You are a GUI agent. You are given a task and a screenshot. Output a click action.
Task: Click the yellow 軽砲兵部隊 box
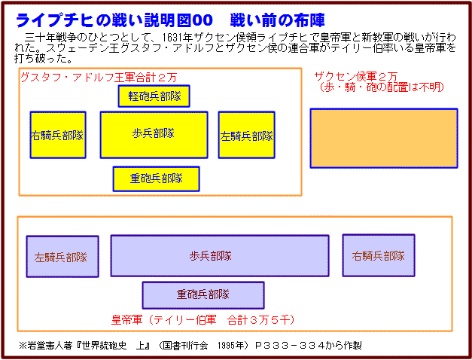154,96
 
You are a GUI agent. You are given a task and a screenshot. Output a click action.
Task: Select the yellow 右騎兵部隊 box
58,135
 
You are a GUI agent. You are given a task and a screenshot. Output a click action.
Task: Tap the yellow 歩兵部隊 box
154,135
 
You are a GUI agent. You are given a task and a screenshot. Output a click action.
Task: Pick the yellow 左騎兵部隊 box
246,135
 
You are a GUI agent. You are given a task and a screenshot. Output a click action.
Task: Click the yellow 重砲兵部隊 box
157,179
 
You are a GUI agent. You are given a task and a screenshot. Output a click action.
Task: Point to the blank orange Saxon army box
384,138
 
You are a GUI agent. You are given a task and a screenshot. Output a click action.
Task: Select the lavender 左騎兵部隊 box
62,256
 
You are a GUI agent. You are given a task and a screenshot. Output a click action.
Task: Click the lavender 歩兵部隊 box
220,256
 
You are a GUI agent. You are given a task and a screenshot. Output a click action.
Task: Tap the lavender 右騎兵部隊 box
379,255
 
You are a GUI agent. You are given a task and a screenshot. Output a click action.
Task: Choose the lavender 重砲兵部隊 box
203,295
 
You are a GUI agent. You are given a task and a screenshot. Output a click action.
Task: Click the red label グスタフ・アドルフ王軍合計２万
99,78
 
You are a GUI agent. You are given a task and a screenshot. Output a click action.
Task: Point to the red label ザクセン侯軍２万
356,77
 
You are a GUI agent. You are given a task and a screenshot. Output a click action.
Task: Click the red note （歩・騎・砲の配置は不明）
382,87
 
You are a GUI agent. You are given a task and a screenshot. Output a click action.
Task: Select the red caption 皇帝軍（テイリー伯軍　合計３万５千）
203,319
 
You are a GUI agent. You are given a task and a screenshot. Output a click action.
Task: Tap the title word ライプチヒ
54,20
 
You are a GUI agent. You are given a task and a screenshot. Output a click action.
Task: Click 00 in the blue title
203,20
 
